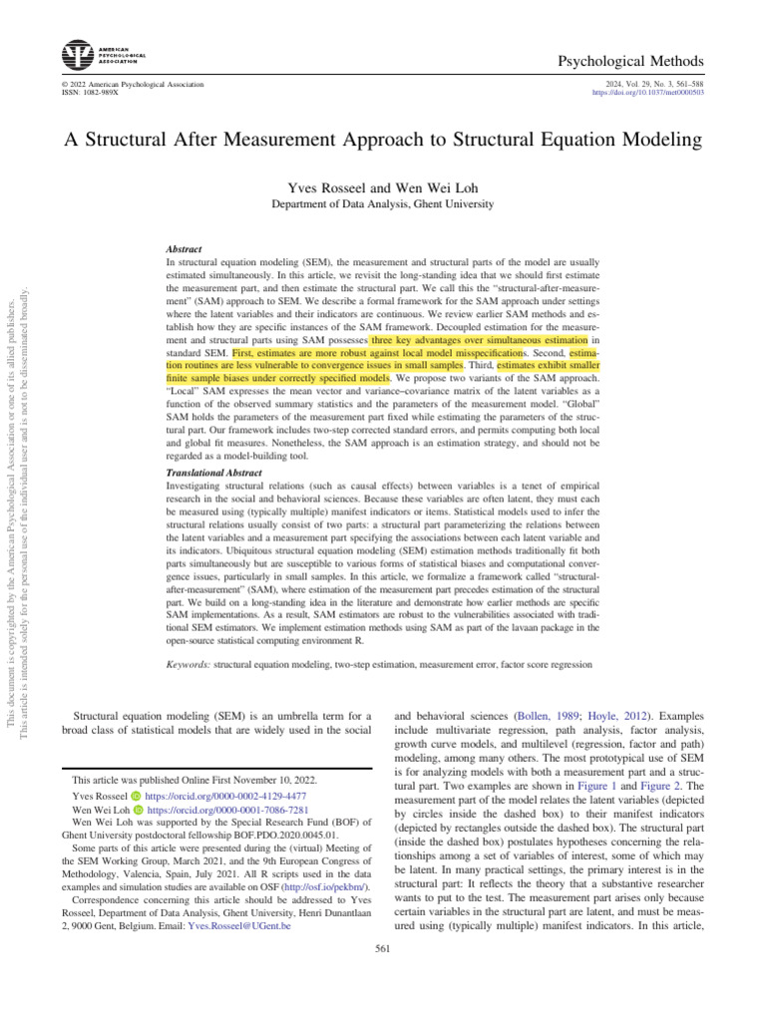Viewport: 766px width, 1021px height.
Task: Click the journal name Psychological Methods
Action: tap(638, 62)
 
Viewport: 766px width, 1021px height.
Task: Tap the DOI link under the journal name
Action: tap(648, 93)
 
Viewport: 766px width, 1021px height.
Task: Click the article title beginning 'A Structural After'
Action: tap(383, 141)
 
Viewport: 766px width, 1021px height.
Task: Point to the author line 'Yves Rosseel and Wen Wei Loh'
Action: tap(383, 187)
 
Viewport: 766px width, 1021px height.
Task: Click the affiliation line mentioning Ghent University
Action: tap(383, 204)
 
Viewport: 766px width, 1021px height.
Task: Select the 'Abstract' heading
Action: tap(184, 248)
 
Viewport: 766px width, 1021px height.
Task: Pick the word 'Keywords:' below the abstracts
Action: tap(187, 663)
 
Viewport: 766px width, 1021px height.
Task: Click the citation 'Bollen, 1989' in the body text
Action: tap(545, 716)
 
